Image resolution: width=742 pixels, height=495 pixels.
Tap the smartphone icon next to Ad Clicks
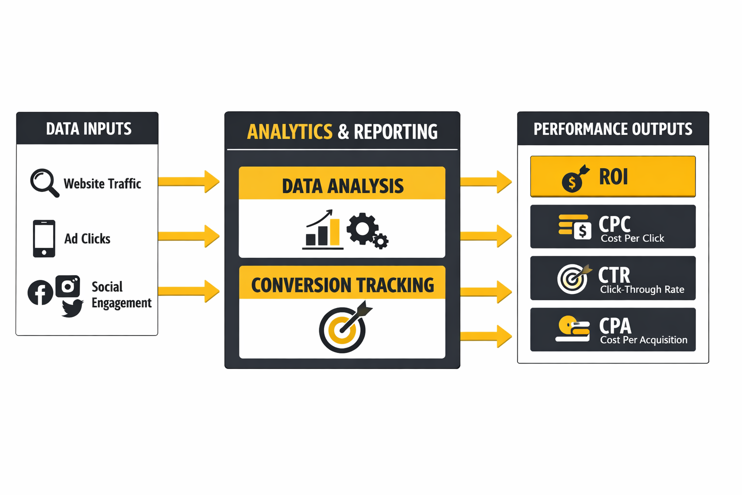point(44,238)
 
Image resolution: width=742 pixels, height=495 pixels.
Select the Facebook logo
point(40,292)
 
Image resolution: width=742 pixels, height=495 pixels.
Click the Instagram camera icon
point(68,286)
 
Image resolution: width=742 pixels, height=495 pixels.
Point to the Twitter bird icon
point(72,307)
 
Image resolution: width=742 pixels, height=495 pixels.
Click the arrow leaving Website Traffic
point(188,182)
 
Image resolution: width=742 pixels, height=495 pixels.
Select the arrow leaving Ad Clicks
point(188,236)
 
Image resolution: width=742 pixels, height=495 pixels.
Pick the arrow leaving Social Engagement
point(188,291)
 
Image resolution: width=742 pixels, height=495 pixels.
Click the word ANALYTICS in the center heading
point(290,132)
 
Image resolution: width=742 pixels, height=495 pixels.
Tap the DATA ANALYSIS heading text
point(342,186)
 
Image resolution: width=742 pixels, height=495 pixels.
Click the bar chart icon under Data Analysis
point(322,231)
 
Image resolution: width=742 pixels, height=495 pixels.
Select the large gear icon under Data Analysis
point(362,228)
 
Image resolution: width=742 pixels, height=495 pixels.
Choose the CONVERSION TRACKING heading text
point(342,285)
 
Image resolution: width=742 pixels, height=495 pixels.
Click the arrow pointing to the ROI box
point(486,182)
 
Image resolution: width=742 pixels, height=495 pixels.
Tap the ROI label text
point(614,177)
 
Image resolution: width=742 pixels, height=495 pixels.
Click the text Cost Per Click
point(632,238)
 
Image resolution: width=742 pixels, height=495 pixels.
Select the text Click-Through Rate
point(642,290)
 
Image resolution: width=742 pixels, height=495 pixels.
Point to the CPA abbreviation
point(615,326)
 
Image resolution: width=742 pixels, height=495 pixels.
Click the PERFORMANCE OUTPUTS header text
point(613,129)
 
